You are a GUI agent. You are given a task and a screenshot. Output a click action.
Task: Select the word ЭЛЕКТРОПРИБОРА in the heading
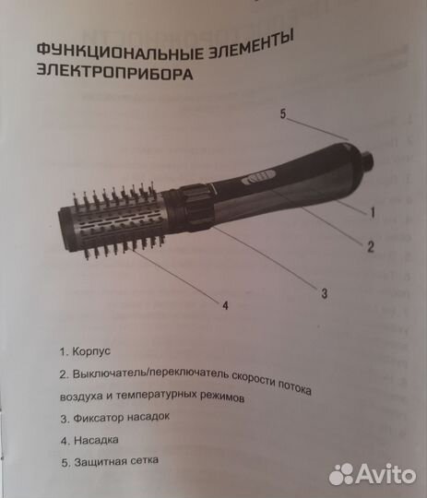tap(114, 73)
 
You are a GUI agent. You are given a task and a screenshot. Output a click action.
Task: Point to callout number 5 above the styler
tap(284, 115)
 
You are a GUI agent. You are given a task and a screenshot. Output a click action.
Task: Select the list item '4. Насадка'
tap(89, 438)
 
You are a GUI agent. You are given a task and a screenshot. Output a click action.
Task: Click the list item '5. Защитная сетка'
tap(109, 459)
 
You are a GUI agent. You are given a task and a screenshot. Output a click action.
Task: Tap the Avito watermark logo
tap(373, 473)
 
